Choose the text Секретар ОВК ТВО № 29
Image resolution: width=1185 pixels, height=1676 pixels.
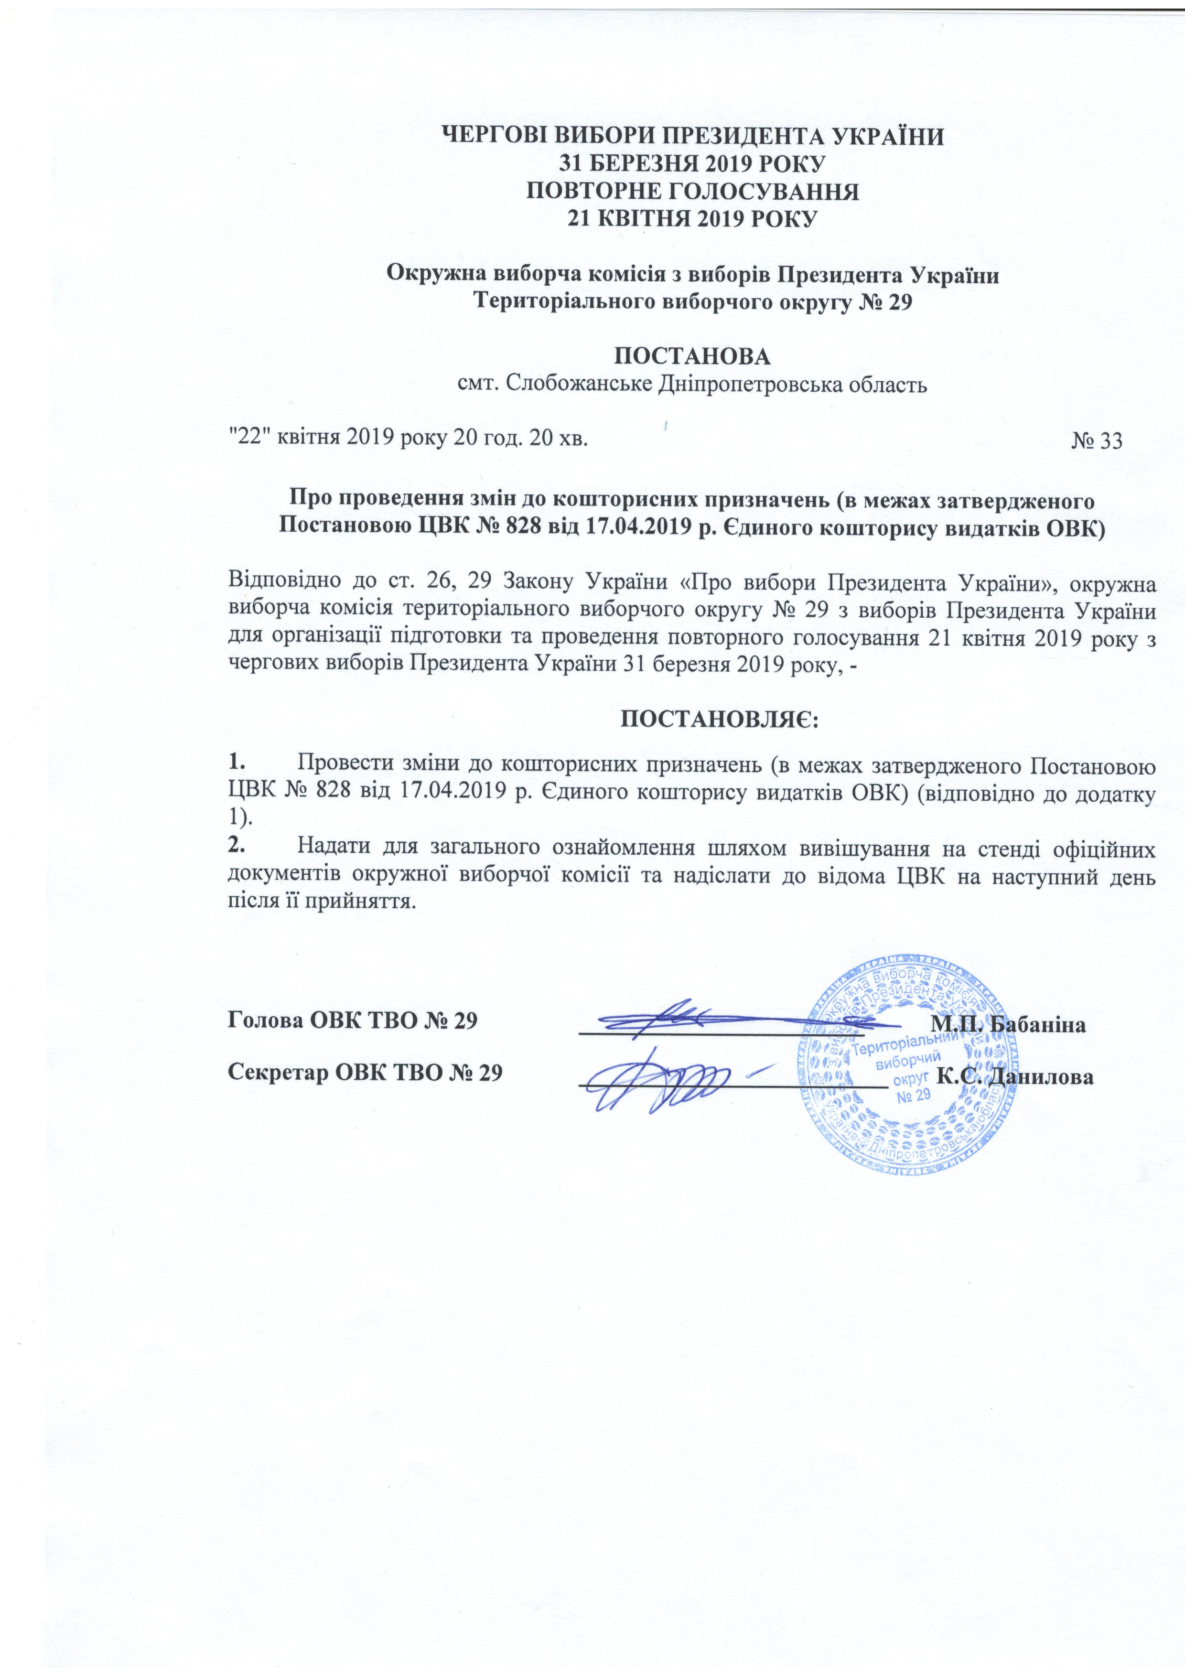(365, 1072)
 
